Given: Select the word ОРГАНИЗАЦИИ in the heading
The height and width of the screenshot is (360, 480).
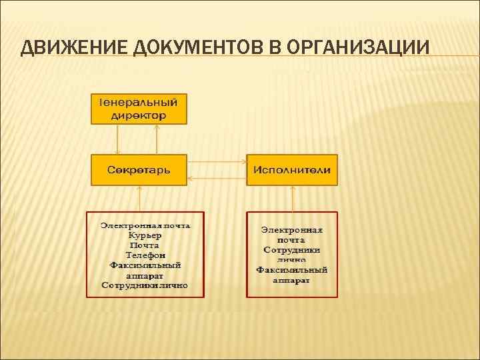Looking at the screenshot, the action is [x=359, y=48].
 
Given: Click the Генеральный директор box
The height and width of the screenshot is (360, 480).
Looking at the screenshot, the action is [x=139, y=109].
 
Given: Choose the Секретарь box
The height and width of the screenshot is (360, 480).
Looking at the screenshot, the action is [x=139, y=169].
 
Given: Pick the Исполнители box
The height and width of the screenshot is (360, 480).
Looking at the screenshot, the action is [x=292, y=169].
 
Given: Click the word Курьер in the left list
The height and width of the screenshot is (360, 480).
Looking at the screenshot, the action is [x=145, y=235].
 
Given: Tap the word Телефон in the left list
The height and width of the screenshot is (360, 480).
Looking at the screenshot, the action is [x=145, y=255].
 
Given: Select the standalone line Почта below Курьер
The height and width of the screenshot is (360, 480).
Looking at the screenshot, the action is [x=145, y=245].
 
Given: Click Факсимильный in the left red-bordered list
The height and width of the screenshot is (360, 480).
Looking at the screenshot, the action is [x=145, y=265].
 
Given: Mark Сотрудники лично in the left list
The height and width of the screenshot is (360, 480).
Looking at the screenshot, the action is [x=145, y=285].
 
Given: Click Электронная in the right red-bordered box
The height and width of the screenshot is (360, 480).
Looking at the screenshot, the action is [x=292, y=229].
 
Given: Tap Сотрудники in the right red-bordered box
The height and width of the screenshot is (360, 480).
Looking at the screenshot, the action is [x=292, y=249].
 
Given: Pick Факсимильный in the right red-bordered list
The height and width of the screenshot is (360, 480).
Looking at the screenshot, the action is [x=292, y=270].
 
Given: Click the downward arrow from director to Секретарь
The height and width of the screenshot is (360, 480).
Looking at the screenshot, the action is [x=117, y=139].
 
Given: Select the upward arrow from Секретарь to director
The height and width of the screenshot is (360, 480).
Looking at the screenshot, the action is [x=157, y=139].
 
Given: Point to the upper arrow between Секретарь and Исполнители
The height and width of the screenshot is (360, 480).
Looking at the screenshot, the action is [x=217, y=161].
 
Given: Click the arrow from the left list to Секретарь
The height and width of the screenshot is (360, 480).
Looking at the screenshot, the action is [x=139, y=199].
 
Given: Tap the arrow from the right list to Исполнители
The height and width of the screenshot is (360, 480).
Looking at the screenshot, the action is [x=292, y=199].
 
